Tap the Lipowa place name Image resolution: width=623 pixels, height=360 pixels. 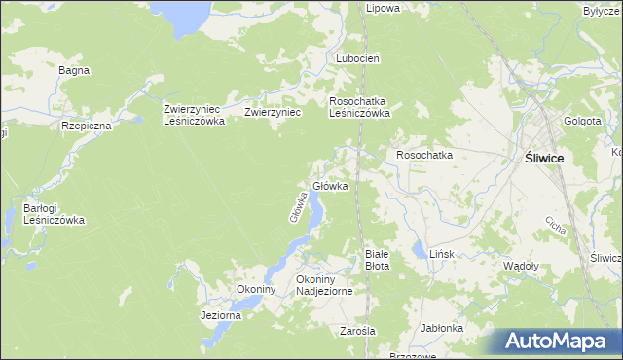point(383,8)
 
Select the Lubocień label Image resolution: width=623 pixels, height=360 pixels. point(357,58)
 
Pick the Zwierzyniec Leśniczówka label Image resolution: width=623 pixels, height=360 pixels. point(195,115)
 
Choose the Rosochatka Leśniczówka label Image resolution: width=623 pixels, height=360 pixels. point(360,106)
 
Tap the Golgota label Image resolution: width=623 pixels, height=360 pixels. point(580,121)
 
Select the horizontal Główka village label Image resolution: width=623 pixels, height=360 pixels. point(330,186)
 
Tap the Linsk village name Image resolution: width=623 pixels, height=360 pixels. point(442,254)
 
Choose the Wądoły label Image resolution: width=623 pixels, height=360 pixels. point(520,266)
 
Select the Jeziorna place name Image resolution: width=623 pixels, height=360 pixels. point(220,315)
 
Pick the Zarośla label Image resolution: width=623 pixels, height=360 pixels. point(357,331)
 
